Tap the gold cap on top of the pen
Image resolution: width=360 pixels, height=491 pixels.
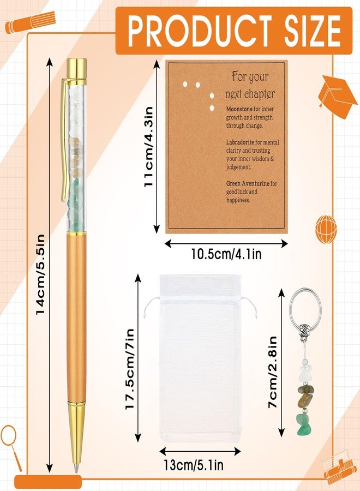[x=77, y=68]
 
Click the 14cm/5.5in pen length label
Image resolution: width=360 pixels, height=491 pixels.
[x=41, y=274]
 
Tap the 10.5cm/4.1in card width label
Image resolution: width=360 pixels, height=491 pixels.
[x=226, y=254]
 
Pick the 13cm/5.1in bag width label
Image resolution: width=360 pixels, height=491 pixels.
[x=194, y=465]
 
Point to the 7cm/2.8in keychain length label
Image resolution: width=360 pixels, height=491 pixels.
[x=272, y=372]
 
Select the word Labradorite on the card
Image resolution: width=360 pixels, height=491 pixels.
[x=240, y=142]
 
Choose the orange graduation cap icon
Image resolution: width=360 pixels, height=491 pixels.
[x=338, y=97]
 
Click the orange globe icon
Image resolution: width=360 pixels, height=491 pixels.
[x=327, y=229]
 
